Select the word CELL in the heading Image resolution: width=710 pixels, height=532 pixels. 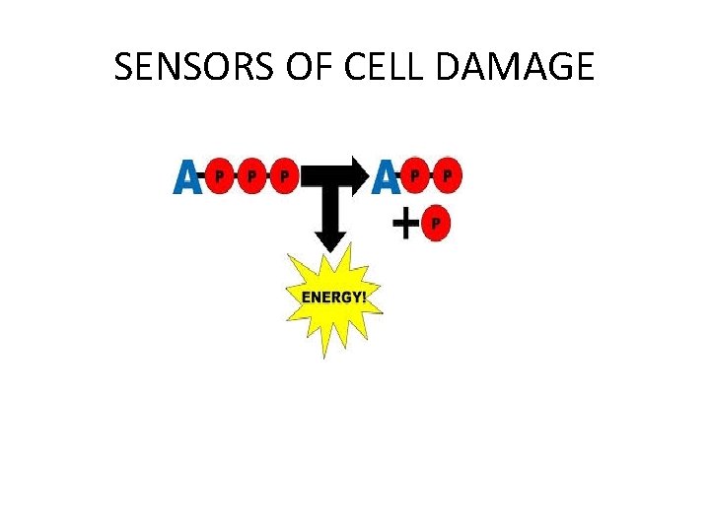pyautogui.click(x=390, y=67)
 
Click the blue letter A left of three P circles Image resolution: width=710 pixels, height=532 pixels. pyautogui.click(x=187, y=177)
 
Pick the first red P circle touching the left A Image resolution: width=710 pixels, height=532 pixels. pyautogui.click(x=220, y=177)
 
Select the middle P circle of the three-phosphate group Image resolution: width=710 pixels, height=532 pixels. pyautogui.click(x=251, y=177)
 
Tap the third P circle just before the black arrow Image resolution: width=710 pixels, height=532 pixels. pyautogui.click(x=284, y=177)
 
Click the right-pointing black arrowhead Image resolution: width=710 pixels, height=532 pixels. pyautogui.click(x=358, y=176)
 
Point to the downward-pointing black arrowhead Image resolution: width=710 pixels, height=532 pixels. pyautogui.click(x=329, y=236)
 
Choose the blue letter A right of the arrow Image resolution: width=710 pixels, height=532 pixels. pyautogui.click(x=387, y=177)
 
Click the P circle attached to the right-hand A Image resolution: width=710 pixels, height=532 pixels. pyautogui.click(x=416, y=177)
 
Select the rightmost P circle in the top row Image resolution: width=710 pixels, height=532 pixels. pyautogui.click(x=448, y=177)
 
